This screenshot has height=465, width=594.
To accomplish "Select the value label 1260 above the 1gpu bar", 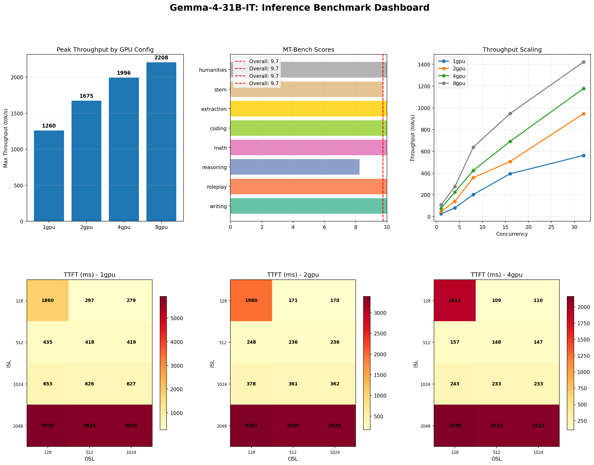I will pyautogui.click(x=49, y=126).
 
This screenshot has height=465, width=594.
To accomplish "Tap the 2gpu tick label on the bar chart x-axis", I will pyautogui.click(x=86, y=227).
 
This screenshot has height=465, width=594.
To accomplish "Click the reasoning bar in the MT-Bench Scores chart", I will pyautogui.click(x=295, y=167).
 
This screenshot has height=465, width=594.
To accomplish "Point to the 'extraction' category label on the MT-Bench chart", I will pyautogui.click(x=214, y=109).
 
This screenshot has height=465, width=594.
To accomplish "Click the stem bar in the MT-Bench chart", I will pyautogui.click(x=306, y=89).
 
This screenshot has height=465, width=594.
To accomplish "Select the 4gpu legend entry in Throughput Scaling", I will pyautogui.click(x=458, y=76).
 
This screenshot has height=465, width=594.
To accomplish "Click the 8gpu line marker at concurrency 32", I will pyautogui.click(x=583, y=62).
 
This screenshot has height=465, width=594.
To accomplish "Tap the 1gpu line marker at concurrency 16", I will pyautogui.click(x=510, y=174).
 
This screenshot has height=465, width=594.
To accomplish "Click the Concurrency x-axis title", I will pyautogui.click(x=512, y=234).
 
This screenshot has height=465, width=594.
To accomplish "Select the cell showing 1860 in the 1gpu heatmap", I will pyautogui.click(x=48, y=300).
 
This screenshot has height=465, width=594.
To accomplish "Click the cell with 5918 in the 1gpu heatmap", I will pyautogui.click(x=48, y=425).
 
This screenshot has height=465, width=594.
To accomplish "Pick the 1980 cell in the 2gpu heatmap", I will pyautogui.click(x=251, y=300).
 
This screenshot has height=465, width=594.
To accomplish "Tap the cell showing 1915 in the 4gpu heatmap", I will pyautogui.click(x=454, y=300).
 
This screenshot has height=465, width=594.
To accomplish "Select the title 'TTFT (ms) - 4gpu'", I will pyautogui.click(x=496, y=275).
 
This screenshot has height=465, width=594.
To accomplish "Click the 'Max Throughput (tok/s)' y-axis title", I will pyautogui.click(x=6, y=138).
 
